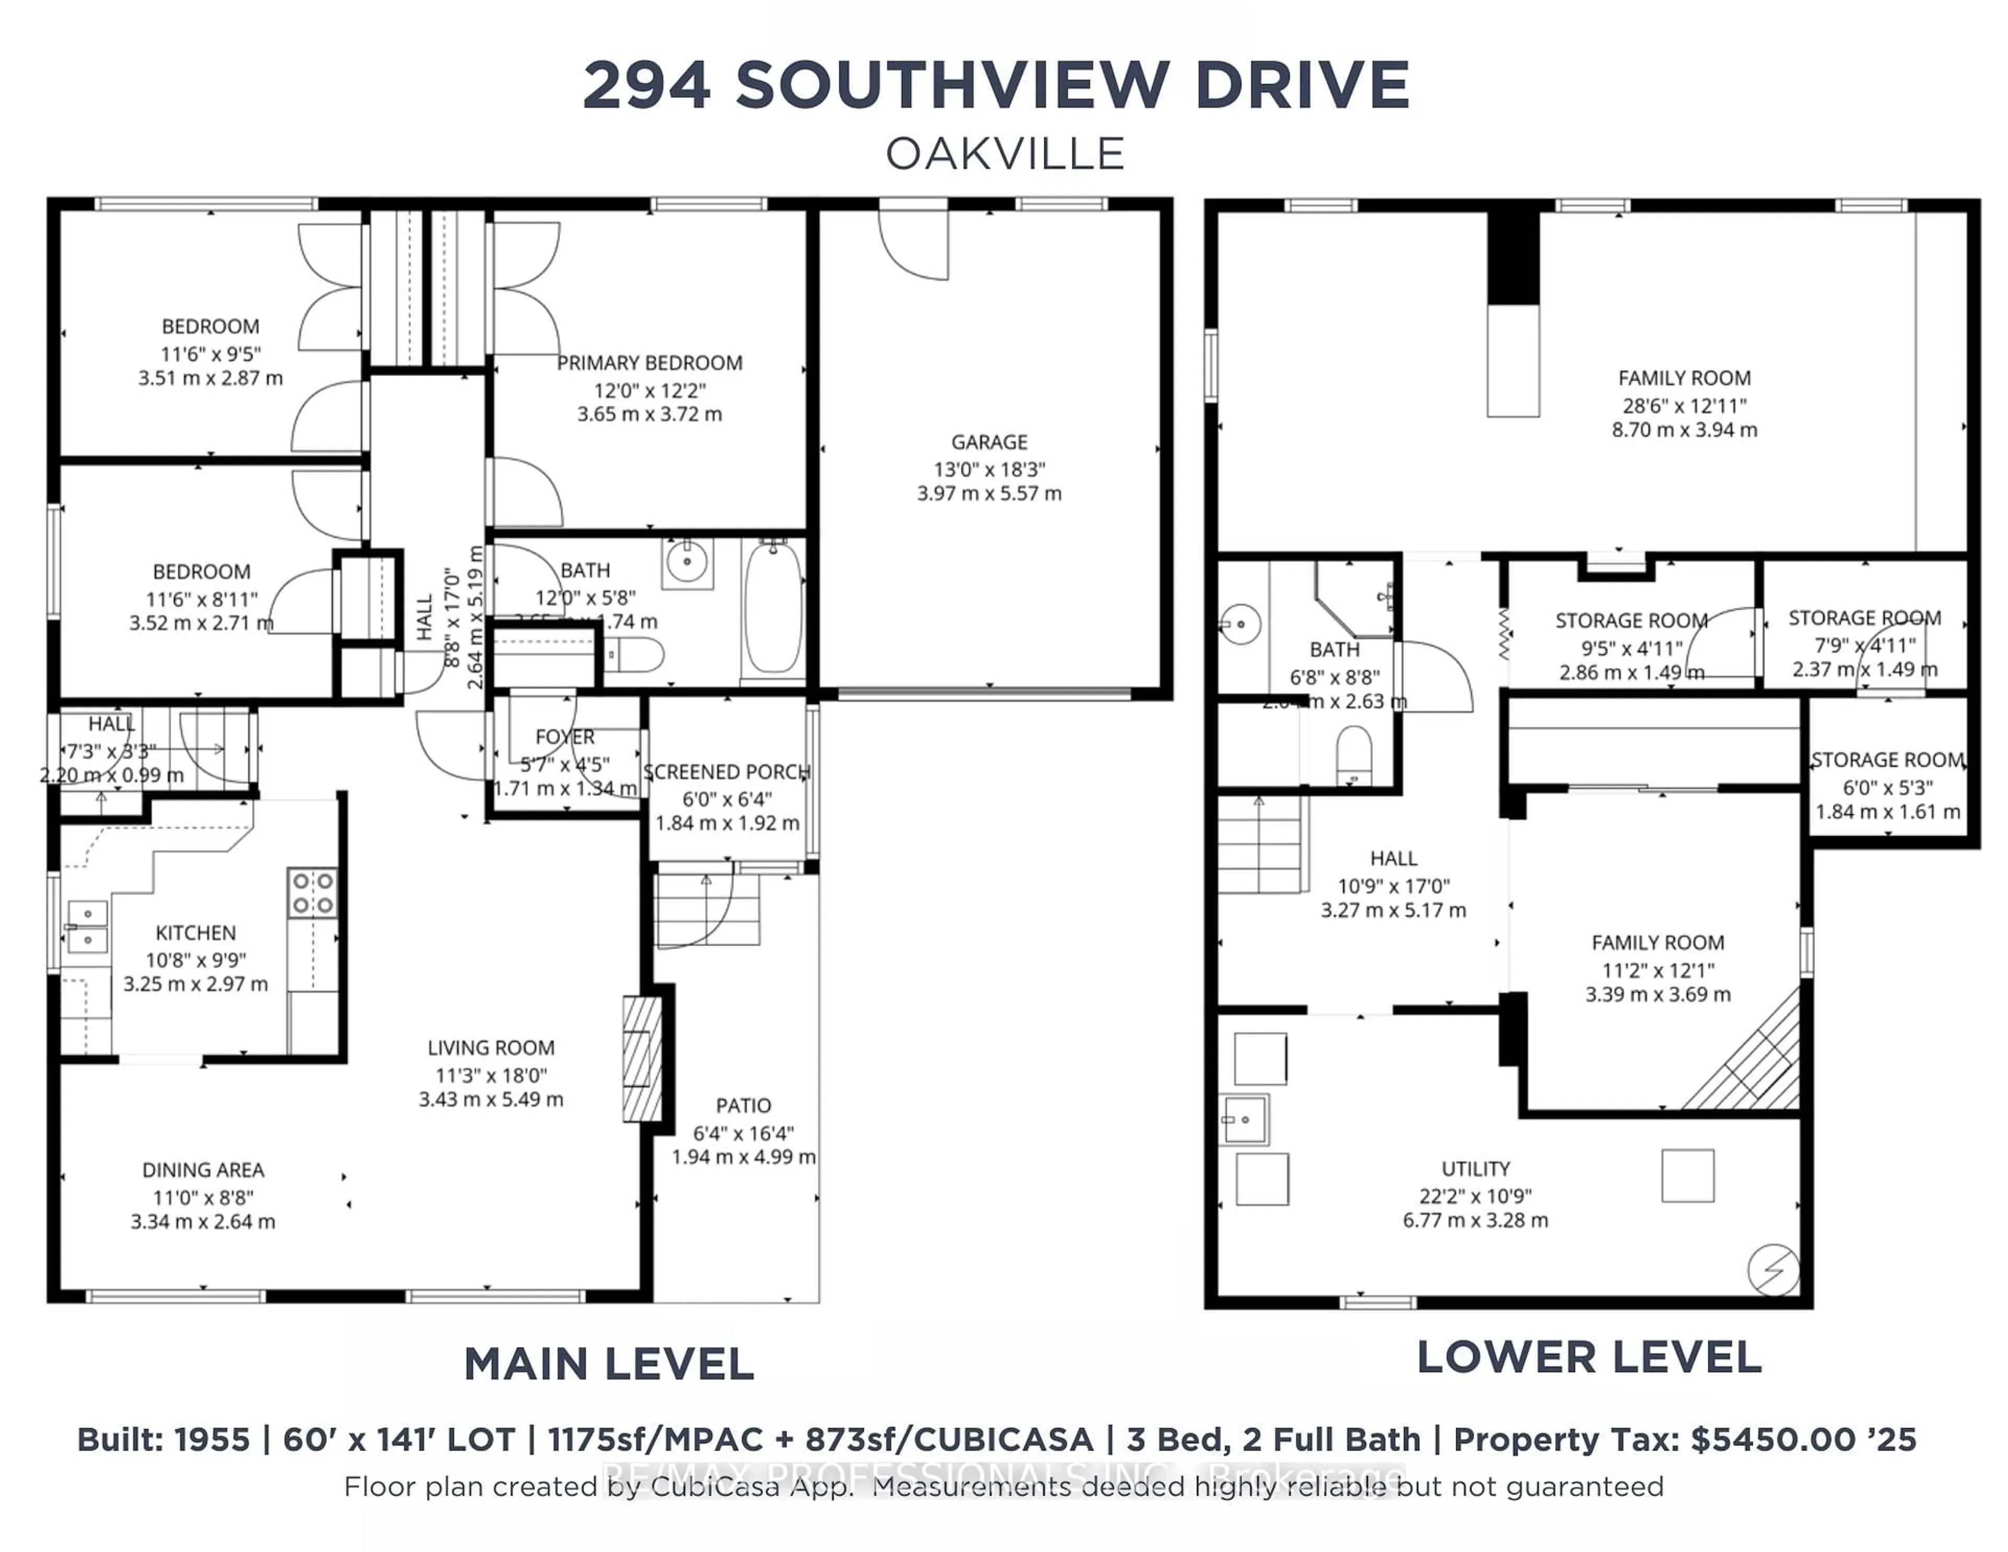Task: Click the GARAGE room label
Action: (989, 442)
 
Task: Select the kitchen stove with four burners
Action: (312, 893)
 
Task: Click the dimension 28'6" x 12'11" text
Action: (1683, 405)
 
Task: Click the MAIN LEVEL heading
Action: (609, 1364)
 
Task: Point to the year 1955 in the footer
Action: (212, 1440)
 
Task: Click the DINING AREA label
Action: (203, 1170)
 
